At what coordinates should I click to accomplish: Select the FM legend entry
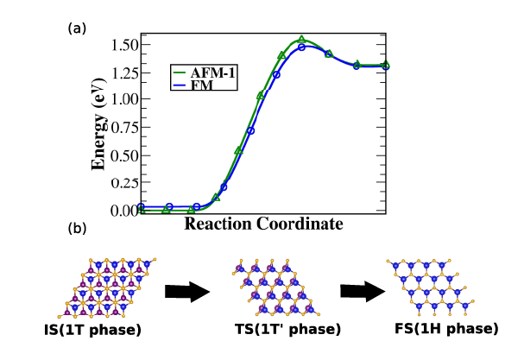pos(204,86)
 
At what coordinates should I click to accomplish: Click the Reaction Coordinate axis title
pos(263,224)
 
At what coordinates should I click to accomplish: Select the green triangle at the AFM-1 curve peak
pos(301,40)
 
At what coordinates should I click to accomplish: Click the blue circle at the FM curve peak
pos(301,47)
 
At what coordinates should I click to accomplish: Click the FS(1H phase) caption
pos(443,329)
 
